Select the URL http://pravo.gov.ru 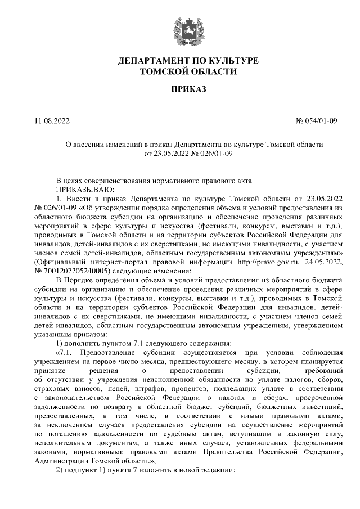(237, 262)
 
